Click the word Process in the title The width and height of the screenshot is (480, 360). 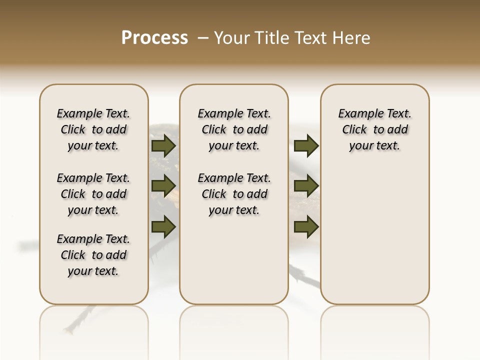click(x=154, y=37)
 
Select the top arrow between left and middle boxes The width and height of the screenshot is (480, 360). click(x=163, y=145)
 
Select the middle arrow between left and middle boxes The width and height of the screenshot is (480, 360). click(x=163, y=186)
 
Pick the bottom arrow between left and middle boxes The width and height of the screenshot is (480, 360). click(x=163, y=226)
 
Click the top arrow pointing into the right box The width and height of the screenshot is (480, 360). click(x=306, y=145)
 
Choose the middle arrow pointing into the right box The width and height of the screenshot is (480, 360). click(x=306, y=186)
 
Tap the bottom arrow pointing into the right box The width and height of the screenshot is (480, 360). click(x=306, y=226)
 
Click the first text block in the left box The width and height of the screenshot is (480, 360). click(x=93, y=129)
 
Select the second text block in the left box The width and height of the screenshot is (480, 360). click(x=93, y=194)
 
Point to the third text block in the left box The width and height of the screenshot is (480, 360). click(x=93, y=255)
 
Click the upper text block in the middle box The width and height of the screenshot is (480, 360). click(x=234, y=129)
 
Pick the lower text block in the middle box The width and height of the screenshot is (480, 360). click(x=234, y=194)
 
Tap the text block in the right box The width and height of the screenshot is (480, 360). click(x=375, y=129)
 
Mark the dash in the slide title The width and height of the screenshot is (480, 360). click(x=203, y=38)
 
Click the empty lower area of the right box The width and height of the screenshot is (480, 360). click(x=375, y=235)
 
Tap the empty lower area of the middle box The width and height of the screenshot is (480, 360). click(x=234, y=260)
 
